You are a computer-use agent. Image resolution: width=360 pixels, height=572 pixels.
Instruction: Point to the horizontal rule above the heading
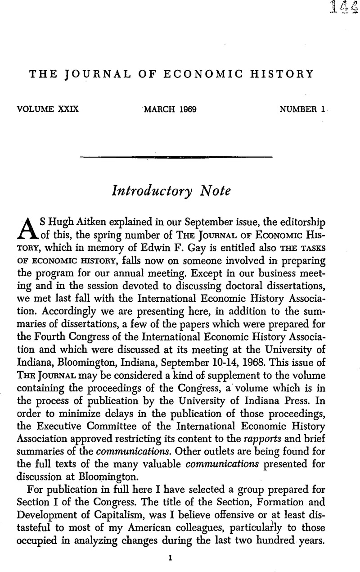176,157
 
